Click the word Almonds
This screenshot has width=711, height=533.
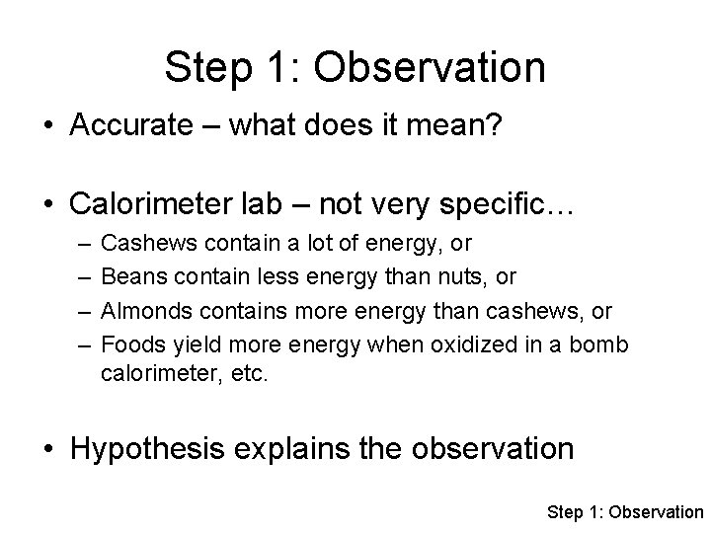[143, 312]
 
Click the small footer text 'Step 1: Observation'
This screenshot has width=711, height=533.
[624, 511]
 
